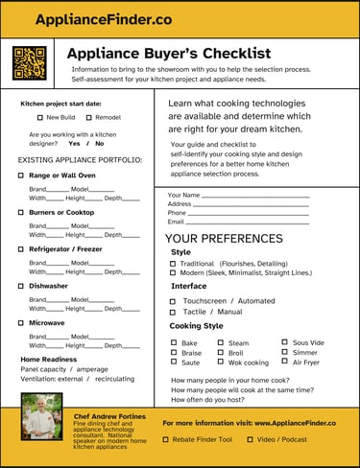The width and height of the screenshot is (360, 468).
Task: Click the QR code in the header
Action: (30, 63)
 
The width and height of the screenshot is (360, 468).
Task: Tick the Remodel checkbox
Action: (89, 117)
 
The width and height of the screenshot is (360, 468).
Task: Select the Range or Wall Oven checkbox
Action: (21, 175)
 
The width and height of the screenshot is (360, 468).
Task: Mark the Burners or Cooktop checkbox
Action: (21, 212)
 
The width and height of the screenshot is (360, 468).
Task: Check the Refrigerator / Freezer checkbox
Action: (21, 248)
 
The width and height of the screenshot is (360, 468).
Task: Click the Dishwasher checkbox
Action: (21, 286)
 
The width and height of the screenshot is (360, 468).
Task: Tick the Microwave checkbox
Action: (21, 323)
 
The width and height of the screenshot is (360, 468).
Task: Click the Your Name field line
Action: (254, 196)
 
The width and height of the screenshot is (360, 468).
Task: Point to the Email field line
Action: (247, 222)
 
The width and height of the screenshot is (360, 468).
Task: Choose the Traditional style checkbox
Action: (173, 263)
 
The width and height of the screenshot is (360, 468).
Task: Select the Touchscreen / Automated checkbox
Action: (173, 301)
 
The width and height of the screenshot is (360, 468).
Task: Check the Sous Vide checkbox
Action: (284, 342)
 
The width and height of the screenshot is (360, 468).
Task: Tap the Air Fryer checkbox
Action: (284, 363)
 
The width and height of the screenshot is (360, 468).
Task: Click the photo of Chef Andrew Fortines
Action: (41, 415)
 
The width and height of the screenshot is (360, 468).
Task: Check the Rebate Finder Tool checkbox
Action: (165, 439)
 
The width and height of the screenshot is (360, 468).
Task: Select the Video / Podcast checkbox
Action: (250, 439)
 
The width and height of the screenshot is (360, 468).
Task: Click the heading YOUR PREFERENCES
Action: (224, 238)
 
